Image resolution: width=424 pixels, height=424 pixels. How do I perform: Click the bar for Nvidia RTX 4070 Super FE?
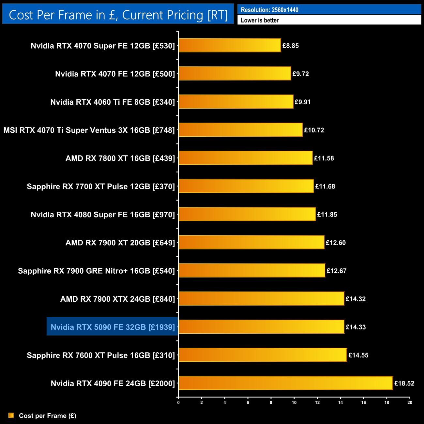[230, 45]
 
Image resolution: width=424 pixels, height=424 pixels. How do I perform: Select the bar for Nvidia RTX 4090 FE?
[286, 383]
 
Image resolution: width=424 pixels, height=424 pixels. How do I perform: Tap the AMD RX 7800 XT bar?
[246, 158]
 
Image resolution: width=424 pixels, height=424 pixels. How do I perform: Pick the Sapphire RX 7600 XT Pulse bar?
[263, 355]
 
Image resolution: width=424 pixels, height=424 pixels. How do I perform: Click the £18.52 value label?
[404, 384]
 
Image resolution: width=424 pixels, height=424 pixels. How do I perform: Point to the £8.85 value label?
[291, 46]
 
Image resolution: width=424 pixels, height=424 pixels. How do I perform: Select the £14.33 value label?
[356, 327]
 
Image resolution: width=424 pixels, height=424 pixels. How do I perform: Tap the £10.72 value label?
[314, 130]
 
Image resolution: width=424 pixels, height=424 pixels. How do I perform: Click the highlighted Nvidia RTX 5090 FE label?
[113, 327]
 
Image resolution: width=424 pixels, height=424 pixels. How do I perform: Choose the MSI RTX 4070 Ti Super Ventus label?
[89, 130]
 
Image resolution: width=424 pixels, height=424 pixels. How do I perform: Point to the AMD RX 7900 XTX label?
[117, 299]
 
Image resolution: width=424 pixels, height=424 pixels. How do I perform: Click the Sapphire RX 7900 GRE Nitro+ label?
[96, 271]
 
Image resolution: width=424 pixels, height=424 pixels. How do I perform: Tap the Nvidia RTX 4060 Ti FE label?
[113, 102]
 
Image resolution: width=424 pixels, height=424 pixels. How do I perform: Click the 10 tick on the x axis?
[294, 402]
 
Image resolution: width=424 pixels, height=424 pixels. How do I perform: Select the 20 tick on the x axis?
[410, 402]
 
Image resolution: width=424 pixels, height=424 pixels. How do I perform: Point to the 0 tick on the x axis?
[178, 402]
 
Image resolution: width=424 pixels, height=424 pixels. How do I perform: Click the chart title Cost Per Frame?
[118, 15]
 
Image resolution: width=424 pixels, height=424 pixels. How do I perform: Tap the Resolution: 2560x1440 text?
[269, 10]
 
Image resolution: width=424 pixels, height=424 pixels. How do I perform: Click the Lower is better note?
[260, 20]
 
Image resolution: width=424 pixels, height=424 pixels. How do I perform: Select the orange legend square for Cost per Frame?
[11, 415]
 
